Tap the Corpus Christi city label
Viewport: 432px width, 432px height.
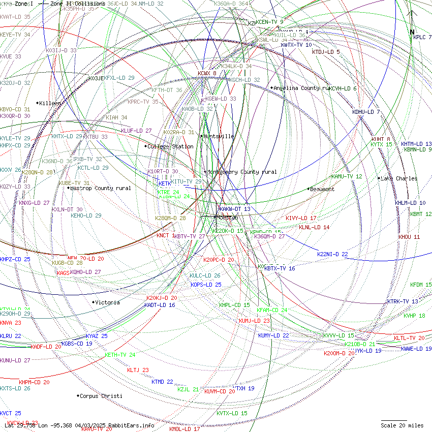101,396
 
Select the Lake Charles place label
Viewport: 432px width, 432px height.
399,178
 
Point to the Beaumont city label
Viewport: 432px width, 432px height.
322,189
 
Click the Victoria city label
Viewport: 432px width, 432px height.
107,302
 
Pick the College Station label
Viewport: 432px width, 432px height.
170,146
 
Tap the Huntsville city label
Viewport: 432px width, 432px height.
219,136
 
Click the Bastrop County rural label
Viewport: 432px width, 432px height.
100,188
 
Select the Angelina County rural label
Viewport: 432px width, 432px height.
301,88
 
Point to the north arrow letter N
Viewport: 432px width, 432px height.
412,32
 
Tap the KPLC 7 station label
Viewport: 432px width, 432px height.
422,37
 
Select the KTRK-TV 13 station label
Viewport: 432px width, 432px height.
403,301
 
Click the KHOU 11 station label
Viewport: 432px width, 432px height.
409,237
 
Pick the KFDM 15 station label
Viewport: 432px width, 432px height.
421,285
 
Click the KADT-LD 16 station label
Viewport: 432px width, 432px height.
160,305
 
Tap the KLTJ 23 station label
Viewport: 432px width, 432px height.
138,370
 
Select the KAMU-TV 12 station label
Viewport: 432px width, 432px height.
347,176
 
